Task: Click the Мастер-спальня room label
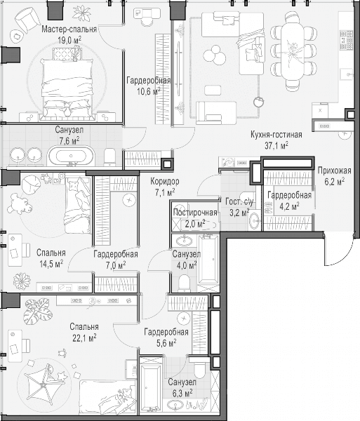click(x=69, y=29)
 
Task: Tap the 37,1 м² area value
click(x=276, y=145)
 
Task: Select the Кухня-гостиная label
click(x=276, y=134)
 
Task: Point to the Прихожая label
click(x=334, y=171)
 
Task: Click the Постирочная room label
click(x=195, y=213)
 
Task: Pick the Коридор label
click(x=165, y=181)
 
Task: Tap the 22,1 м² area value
click(x=85, y=338)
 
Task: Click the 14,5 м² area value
click(x=51, y=264)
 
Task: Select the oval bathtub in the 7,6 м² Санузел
click(x=71, y=156)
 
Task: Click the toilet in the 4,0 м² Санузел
click(x=184, y=283)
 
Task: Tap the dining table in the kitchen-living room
click(x=293, y=50)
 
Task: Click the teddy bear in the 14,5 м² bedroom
click(x=20, y=203)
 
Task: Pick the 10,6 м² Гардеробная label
click(x=149, y=86)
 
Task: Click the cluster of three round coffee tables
click(x=215, y=55)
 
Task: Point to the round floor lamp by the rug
click(x=259, y=102)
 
